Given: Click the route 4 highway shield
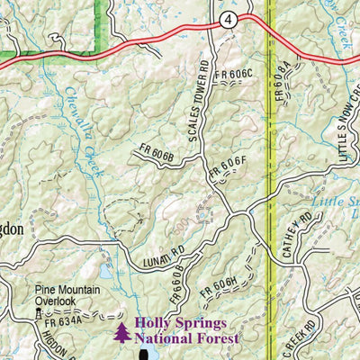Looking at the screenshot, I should tap(231, 20).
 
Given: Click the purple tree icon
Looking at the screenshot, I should tap(121, 332).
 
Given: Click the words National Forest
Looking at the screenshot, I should tap(186, 339).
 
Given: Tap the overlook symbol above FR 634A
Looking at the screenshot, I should tap(38, 313).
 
